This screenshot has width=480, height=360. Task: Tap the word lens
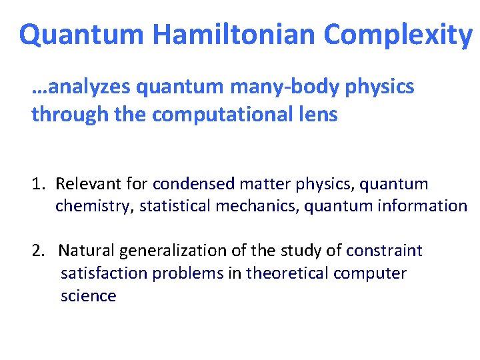pos(317,115)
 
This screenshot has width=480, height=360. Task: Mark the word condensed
pos(194,183)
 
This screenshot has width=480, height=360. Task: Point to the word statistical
pos(175,206)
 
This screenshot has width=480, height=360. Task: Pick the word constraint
pos(385,251)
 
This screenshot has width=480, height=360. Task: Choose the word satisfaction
pos(99,273)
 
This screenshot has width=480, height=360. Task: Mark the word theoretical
pos(287,273)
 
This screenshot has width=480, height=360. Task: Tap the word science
pos(88,296)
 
